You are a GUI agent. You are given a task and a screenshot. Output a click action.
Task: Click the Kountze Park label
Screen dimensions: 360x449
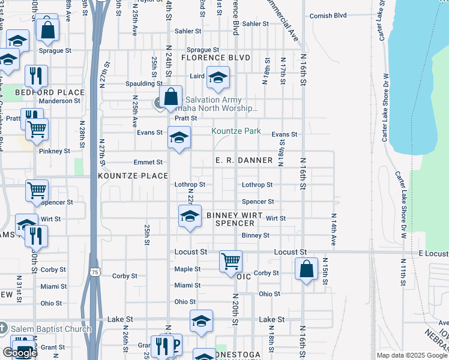pos(235,131)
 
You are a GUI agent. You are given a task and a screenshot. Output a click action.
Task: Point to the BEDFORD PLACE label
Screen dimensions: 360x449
pos(41,92)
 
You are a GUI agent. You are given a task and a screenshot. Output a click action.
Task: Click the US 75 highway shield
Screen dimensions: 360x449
pos(94,272)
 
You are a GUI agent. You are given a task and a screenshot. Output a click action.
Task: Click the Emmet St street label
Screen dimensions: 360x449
pos(148,162)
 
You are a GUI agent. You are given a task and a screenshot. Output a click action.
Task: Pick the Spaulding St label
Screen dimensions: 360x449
pos(143,83)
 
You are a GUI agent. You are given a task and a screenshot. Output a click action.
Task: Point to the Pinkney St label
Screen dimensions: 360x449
pos(55,151)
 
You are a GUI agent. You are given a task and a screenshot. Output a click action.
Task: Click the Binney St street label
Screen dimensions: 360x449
pos(256,235)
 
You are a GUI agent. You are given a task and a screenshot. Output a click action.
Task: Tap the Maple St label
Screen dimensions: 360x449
pos(187,269)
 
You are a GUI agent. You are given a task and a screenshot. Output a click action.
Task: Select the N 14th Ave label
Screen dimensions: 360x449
pos(333,229)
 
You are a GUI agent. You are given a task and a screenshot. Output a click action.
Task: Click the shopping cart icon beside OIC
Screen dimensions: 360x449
pos(231,262)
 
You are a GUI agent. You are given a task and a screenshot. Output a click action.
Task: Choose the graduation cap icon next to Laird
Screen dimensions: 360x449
pos(218,77)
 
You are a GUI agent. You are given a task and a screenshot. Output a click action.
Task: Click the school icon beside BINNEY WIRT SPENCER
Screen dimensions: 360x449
pos(190,216)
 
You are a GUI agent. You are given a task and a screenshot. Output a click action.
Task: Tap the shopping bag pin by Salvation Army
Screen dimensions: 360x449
pos(171,97)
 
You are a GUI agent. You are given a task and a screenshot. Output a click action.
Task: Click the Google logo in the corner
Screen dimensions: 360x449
pos(20,353)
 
